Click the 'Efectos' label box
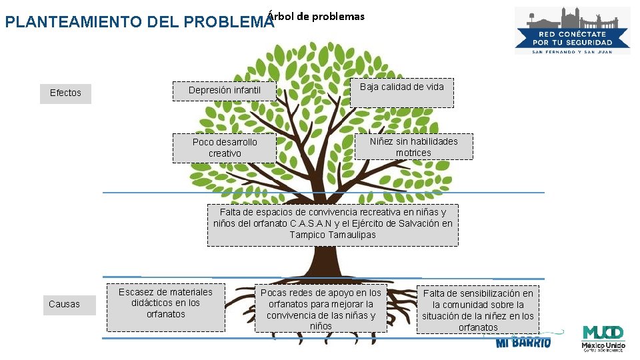65,93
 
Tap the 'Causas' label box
64,305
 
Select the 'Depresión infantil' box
224,91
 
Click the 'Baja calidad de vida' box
401,93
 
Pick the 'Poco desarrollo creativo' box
224,148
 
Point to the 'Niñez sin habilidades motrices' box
413,147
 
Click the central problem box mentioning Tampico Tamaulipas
333,225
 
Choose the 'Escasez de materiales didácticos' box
165,307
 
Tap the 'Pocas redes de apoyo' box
321,309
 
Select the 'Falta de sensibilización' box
477,310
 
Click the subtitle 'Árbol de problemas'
316,16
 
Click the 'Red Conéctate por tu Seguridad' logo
572,30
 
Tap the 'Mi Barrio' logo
523,342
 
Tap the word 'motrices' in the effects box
413,153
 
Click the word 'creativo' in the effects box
225,153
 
